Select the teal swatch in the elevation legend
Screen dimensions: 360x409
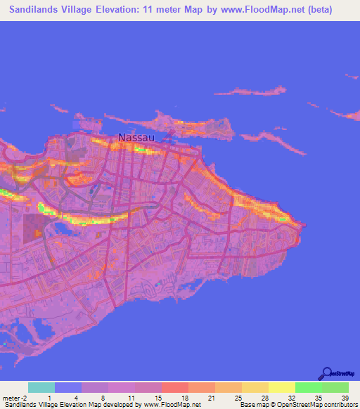tap(41, 387)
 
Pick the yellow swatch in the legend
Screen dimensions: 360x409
tap(282, 387)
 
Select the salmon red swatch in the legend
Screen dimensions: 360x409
tap(175, 387)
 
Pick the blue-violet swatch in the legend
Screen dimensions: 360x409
tap(68, 387)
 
